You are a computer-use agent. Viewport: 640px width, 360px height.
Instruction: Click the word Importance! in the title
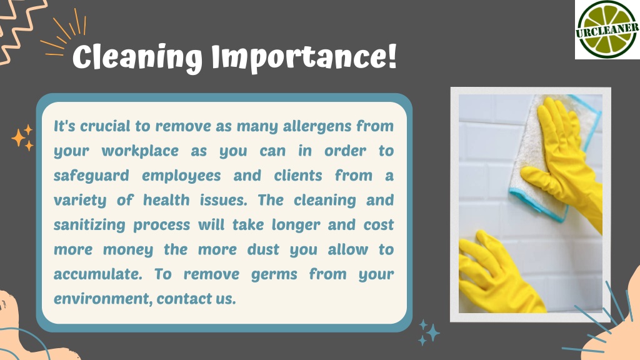(x=304, y=57)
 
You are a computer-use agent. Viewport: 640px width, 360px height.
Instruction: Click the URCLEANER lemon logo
(x=607, y=29)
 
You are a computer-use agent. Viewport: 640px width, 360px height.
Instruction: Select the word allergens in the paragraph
(x=317, y=126)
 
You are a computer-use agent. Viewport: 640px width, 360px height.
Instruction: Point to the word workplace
(x=140, y=151)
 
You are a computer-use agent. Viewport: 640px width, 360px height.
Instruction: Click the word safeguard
(x=91, y=176)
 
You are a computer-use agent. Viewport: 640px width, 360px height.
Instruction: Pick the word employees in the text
(x=181, y=176)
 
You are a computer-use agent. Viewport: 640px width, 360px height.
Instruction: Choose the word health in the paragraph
(x=166, y=200)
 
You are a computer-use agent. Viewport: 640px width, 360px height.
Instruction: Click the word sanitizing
(x=89, y=225)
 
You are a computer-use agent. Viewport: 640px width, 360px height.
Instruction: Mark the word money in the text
(x=127, y=250)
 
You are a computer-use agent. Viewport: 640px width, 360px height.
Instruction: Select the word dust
(x=263, y=249)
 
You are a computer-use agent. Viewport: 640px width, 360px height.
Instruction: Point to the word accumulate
(x=98, y=274)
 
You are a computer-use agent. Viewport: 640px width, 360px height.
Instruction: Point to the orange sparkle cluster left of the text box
(x=22, y=137)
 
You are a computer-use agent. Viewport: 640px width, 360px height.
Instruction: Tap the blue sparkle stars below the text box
(x=429, y=332)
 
